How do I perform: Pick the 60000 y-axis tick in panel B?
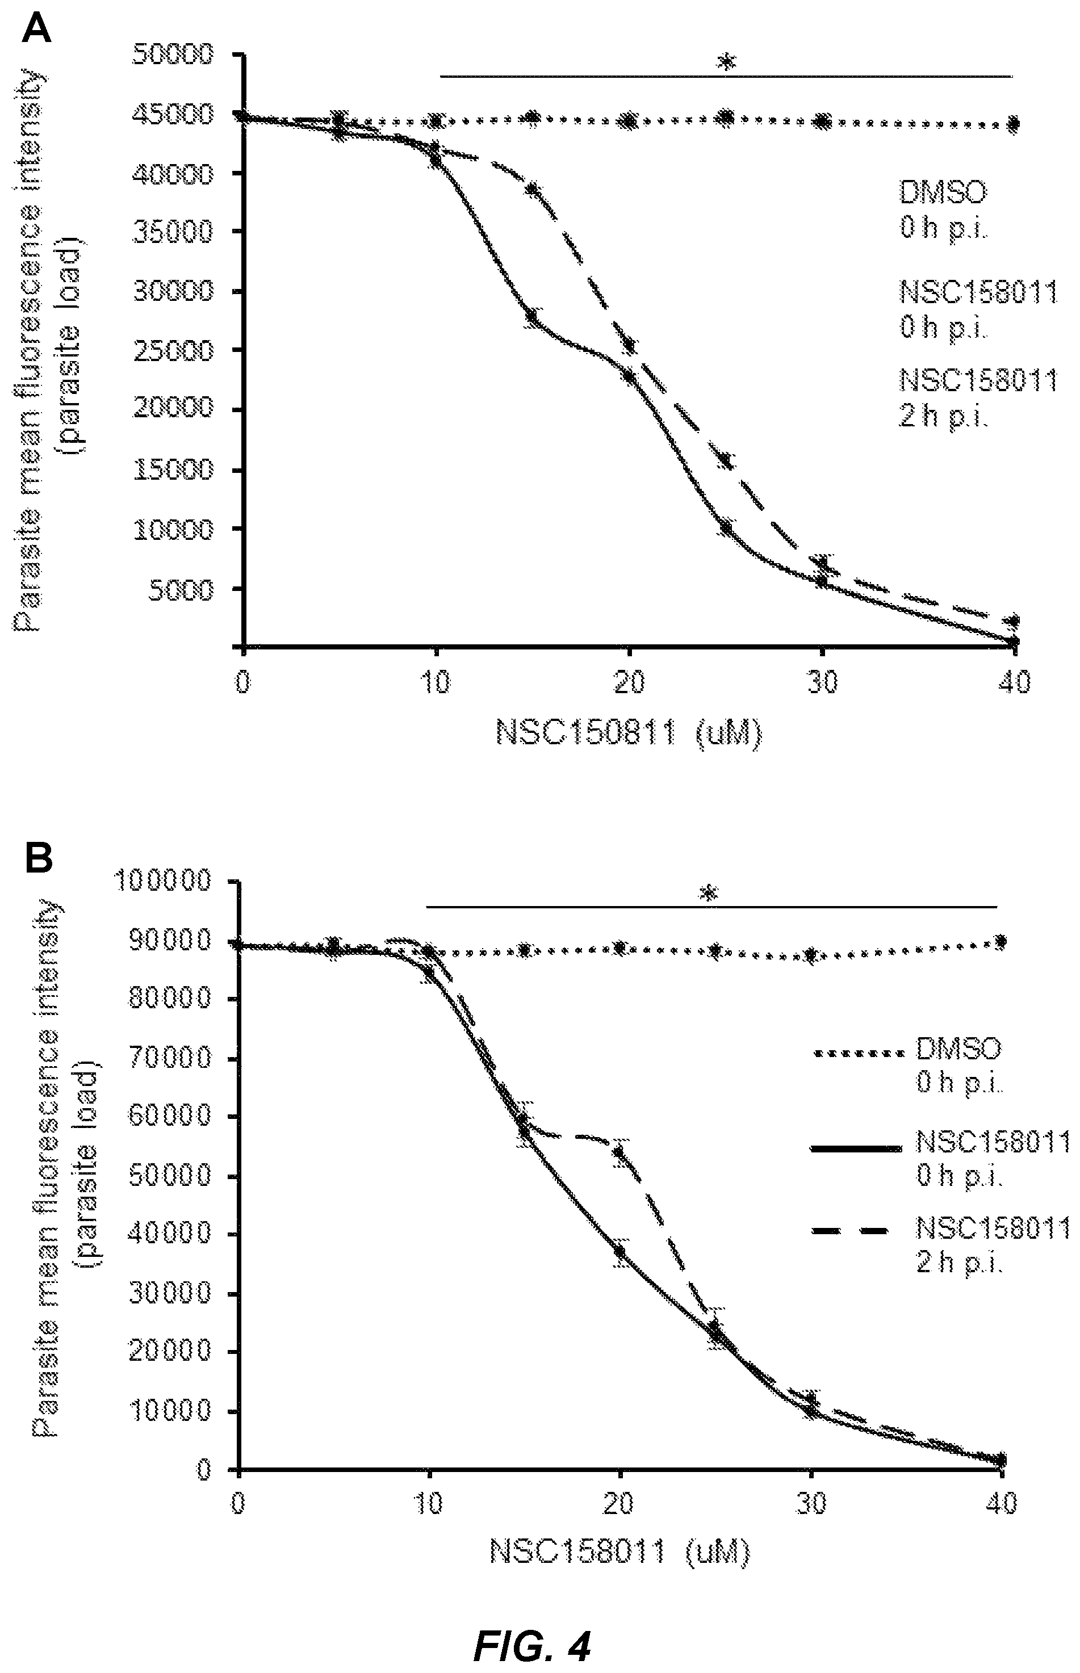pyautogui.click(x=170, y=1116)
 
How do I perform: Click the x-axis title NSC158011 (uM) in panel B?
pyautogui.click(x=620, y=1553)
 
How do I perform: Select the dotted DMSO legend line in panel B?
pyautogui.click(x=856, y=1053)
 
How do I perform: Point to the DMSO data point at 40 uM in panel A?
pyautogui.click(x=1012, y=125)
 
